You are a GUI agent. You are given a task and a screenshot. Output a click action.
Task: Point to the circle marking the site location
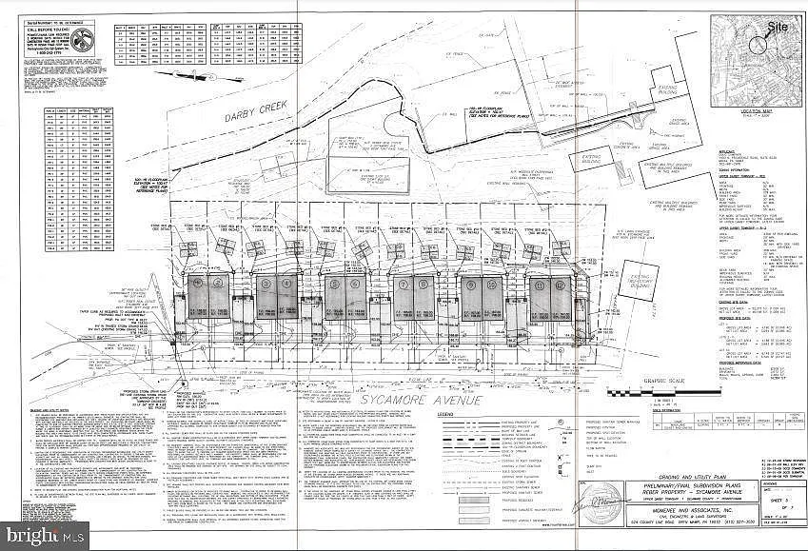(761, 43)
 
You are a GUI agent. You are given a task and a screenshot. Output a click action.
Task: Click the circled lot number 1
(197, 283)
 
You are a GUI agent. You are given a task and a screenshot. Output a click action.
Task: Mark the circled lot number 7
(403, 284)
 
